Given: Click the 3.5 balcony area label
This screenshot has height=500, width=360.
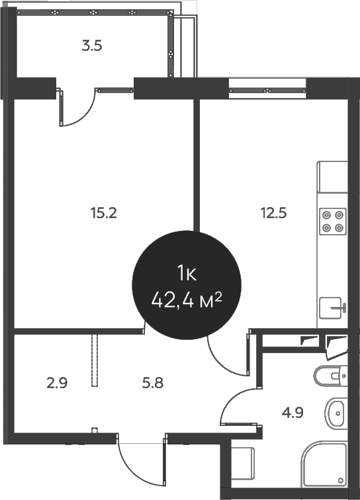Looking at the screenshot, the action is point(92,46).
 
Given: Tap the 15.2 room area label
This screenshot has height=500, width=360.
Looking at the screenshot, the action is point(104,213).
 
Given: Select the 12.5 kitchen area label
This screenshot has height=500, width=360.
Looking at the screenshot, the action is point(274,213).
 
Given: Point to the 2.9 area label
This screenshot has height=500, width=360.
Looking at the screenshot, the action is point(57,383).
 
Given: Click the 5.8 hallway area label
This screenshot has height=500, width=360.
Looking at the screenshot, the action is point(153,383).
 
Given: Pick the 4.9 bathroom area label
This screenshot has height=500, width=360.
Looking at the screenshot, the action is point(292,413).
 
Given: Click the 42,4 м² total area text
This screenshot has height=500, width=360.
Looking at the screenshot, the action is point(187,301).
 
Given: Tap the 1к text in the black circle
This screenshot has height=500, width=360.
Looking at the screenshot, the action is point(187,274).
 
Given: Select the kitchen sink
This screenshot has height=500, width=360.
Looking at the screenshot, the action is point(332,308).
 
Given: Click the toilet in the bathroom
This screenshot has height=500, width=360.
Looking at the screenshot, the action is point(331,376).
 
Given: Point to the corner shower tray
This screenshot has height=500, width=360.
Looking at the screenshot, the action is point(324,464).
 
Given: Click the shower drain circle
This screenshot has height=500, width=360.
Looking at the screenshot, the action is point(341,480).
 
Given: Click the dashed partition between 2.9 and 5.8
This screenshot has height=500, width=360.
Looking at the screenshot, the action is point(95,360).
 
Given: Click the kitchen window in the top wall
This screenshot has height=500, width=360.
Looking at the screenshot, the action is point(267,91).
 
